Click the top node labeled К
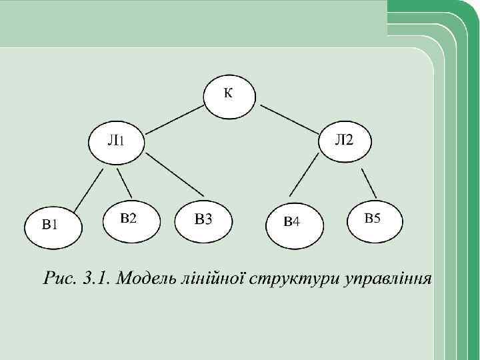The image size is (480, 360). point(230,96)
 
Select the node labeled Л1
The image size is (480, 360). point(116,141)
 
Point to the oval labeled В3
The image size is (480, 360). point(203,221)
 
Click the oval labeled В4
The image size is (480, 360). point(295,223)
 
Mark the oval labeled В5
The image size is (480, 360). point(375,219)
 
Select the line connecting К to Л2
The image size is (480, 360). point(288,119)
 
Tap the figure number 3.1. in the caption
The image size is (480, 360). point(94,278)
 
